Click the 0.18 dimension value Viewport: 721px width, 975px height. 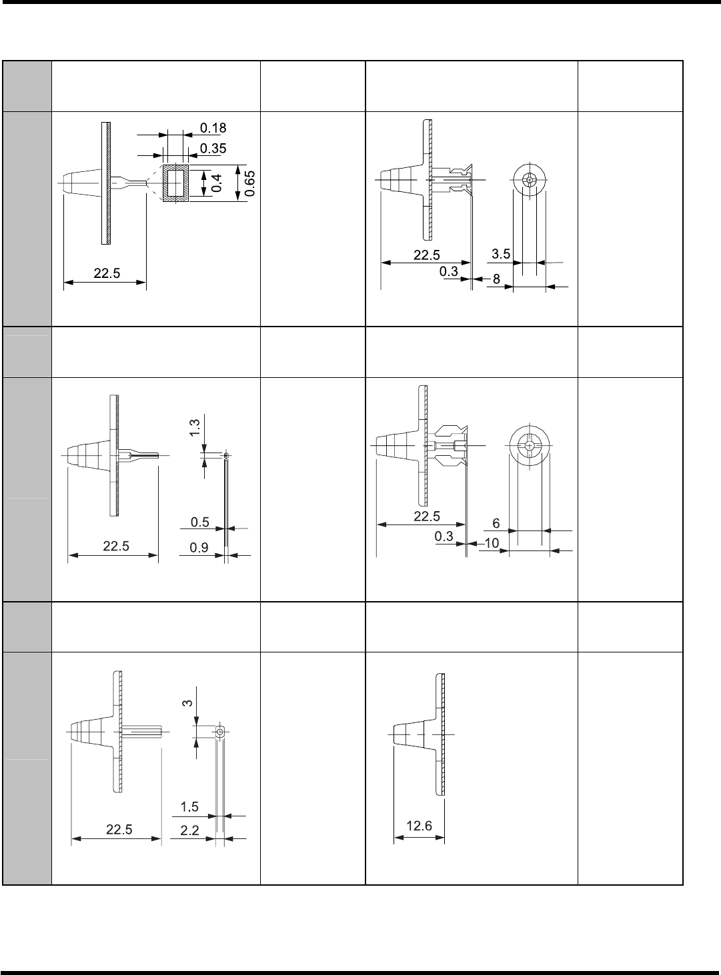coord(213,127)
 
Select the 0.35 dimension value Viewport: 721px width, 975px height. coord(213,147)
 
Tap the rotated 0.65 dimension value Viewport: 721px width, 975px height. coord(249,183)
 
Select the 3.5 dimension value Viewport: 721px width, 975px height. coord(501,254)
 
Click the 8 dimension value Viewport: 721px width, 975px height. coord(496,281)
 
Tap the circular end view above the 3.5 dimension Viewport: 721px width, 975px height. coord(529,180)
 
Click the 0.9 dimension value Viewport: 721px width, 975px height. coord(199,547)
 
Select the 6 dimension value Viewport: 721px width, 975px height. coord(496,524)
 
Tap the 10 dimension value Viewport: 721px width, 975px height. coord(492,544)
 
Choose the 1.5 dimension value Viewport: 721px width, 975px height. coord(190,807)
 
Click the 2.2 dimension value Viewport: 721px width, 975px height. coord(190,830)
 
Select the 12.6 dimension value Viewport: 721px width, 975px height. coord(419,826)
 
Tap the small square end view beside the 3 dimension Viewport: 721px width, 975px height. coord(220,732)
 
